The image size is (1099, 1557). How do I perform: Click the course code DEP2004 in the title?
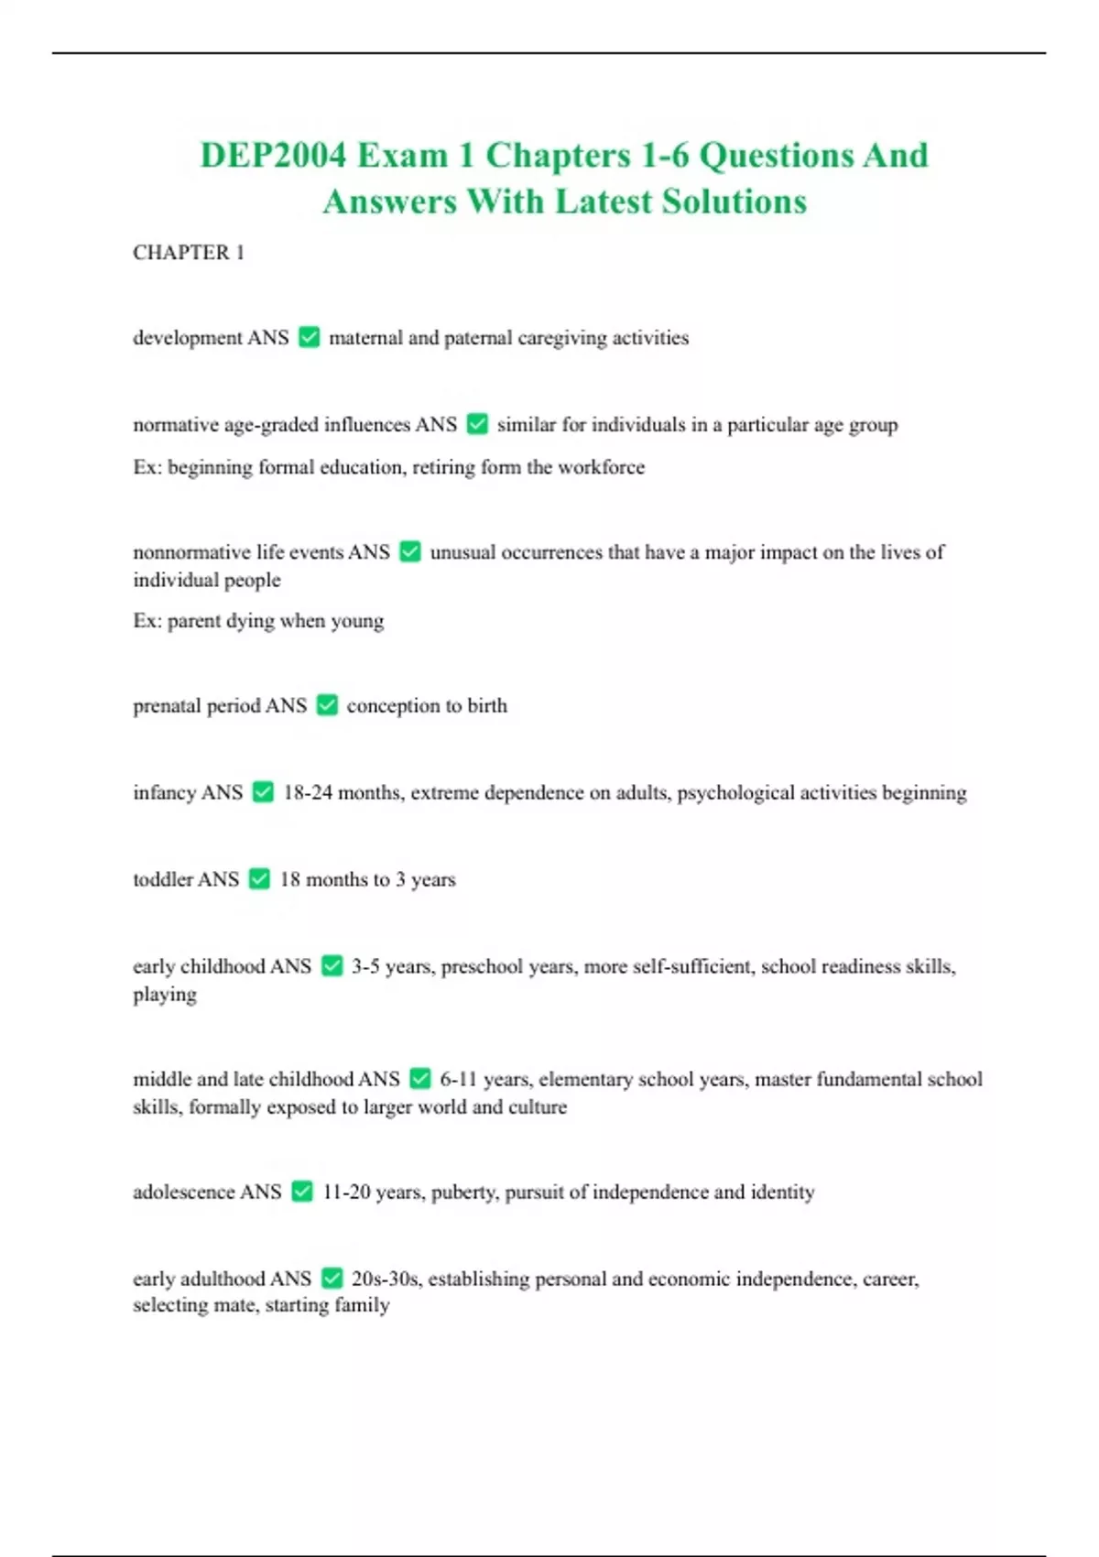pos(273,156)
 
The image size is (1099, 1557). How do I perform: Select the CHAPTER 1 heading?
pos(189,253)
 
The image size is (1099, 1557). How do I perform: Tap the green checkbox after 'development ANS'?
pos(310,337)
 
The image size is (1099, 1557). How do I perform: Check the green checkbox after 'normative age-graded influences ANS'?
pos(477,424)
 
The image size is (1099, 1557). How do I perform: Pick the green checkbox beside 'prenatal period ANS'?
pos(327,705)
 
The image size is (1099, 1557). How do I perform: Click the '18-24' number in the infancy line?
pos(308,792)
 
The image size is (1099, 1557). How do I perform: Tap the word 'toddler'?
pos(161,879)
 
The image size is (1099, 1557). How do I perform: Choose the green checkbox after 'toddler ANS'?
pos(260,879)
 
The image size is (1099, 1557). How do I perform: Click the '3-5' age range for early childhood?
pos(365,966)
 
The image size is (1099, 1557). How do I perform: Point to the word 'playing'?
pos(165,995)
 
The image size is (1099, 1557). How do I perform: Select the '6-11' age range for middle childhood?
pos(458,1079)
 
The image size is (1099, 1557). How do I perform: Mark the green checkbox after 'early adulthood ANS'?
pos(332,1279)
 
